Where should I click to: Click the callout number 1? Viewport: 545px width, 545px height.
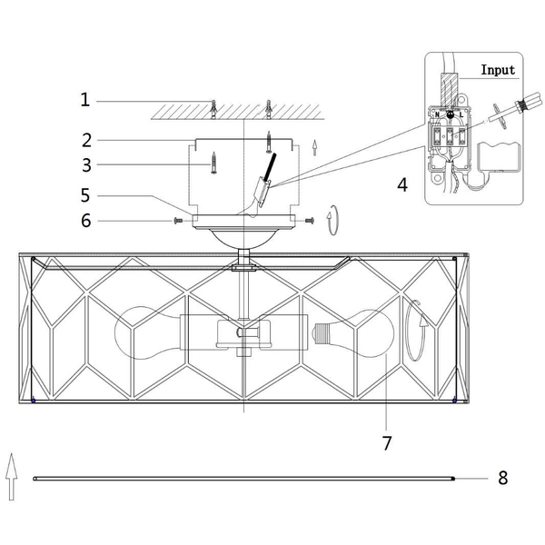tap(85, 100)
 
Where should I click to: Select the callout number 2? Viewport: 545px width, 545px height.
tap(85, 140)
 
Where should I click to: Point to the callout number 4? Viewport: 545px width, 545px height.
tap(401, 185)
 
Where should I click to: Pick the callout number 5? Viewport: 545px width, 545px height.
tap(85, 194)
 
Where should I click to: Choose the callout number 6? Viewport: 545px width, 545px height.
tap(85, 220)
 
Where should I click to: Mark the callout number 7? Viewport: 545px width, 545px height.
tap(387, 442)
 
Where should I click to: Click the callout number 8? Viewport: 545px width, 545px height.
tap(502, 477)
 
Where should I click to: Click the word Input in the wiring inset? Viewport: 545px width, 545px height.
tap(497, 69)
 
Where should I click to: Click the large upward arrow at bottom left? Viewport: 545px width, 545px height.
tap(12, 476)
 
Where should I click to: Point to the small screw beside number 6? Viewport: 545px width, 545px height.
tap(178, 220)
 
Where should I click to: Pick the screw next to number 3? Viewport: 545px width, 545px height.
tap(213, 163)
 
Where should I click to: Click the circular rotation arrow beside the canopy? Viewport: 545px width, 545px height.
tap(335, 220)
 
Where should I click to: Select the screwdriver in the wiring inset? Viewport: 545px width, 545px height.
tap(504, 111)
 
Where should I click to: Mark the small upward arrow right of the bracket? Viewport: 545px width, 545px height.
tap(315, 144)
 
